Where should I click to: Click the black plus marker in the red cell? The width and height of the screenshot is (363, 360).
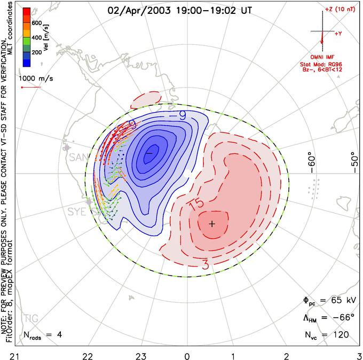tap(212, 223)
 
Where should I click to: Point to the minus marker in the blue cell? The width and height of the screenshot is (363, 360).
tap(149, 153)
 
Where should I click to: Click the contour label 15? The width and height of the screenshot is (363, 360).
tap(195, 204)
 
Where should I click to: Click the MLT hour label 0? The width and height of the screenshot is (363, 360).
tap(187, 354)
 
